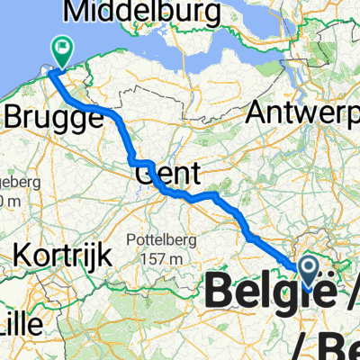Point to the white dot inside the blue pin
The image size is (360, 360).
click(x=308, y=264)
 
